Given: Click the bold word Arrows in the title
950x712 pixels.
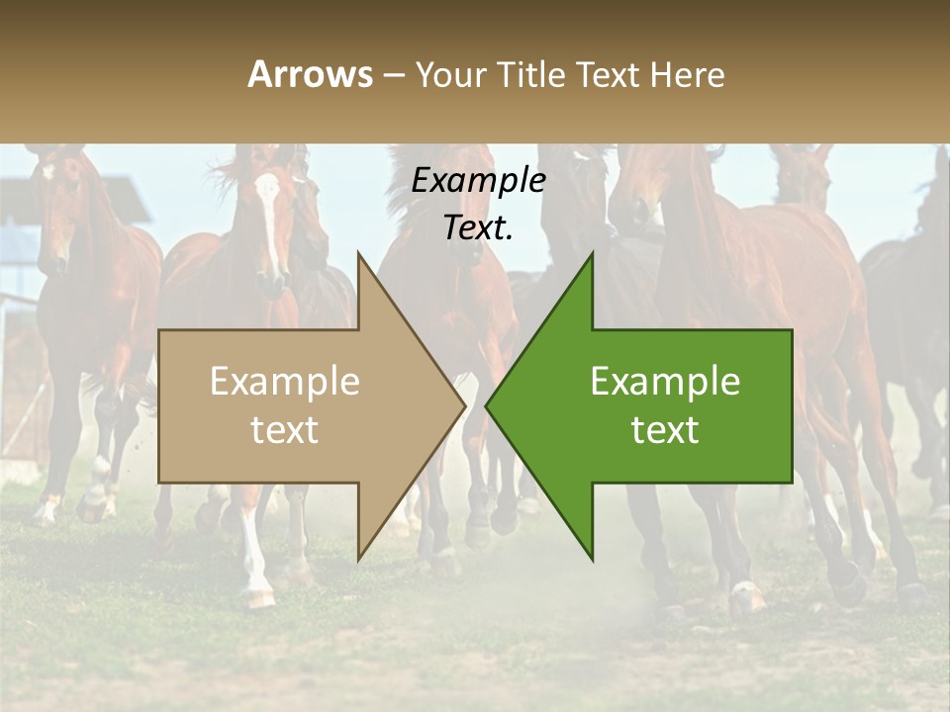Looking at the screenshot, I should coord(310,74).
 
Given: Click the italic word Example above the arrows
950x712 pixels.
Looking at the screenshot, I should coord(478,180).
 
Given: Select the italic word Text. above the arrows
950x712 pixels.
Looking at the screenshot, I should coord(478,227).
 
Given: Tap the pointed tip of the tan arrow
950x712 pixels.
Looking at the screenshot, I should coord(462,405).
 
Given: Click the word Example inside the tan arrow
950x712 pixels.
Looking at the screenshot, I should coord(284,382).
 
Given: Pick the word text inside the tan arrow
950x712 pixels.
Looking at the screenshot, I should coord(284,430).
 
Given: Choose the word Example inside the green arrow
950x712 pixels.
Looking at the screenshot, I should coord(665,382).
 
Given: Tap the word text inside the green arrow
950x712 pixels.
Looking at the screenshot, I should coord(665,430).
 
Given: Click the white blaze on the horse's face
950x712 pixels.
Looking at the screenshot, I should coord(269,213).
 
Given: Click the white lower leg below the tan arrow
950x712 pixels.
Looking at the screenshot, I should coord(255,554).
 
